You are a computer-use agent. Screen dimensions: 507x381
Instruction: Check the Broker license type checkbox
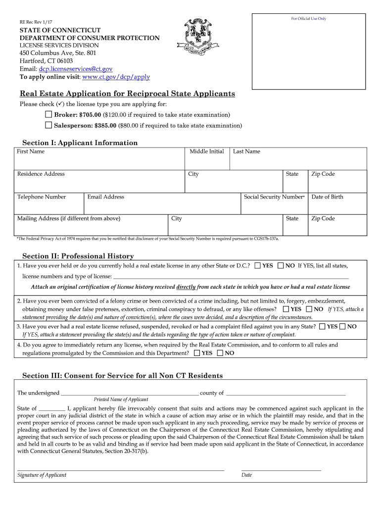click(48, 114)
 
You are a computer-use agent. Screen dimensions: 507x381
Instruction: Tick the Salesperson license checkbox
click(48, 125)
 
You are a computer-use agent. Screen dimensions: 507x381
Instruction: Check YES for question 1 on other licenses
click(258, 266)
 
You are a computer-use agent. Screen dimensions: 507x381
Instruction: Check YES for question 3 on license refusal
click(323, 327)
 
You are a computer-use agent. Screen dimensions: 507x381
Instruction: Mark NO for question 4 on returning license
click(221, 353)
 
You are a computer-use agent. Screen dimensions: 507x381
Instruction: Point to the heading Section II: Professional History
click(78, 256)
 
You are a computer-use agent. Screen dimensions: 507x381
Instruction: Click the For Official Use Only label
click(308, 19)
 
